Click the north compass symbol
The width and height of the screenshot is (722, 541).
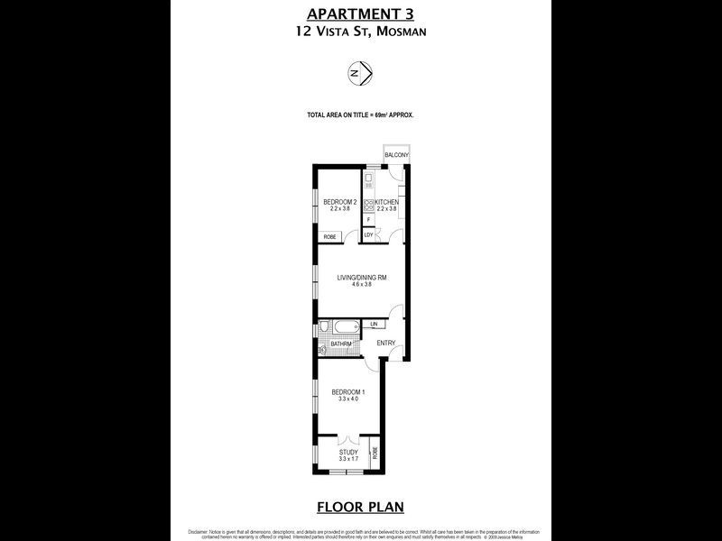[x=361, y=73]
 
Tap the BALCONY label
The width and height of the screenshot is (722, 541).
[x=396, y=156]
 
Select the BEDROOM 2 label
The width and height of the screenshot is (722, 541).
[x=339, y=202]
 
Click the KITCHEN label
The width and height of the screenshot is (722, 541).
[x=387, y=202]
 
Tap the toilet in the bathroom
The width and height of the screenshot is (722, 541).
[x=322, y=328]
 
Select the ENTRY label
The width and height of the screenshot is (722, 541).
[x=385, y=343]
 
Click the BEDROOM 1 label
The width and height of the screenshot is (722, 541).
[x=347, y=392]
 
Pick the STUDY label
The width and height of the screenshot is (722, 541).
[x=348, y=452]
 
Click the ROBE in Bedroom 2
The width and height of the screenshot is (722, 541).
[x=329, y=236]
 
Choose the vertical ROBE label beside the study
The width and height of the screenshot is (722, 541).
[x=374, y=454]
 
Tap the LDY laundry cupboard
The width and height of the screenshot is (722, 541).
[x=368, y=235]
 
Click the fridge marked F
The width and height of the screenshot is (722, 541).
[x=368, y=219]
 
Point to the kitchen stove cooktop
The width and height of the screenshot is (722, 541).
[x=369, y=204]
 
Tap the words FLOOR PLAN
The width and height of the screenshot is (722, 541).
[x=360, y=506]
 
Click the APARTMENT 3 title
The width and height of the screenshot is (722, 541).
[x=360, y=13]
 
